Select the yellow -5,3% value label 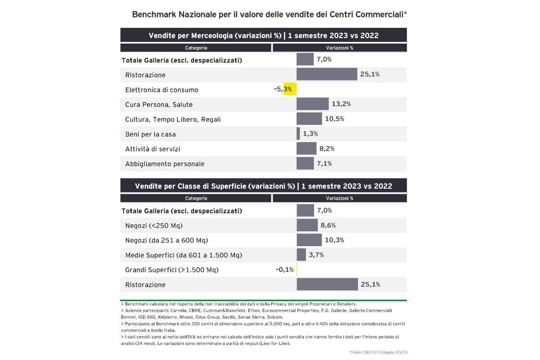tap(283, 89)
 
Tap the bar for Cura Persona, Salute tap(312, 104)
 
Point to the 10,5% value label tap(334, 119)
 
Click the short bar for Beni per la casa tap(298, 134)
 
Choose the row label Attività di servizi tap(153, 149)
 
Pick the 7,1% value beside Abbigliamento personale tap(324, 163)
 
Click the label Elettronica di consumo tap(162, 90)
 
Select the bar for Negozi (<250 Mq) tap(307, 225)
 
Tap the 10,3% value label tap(334, 240)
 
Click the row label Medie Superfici tap(184, 255)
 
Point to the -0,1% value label tap(285, 270)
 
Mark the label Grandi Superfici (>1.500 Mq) tap(171, 270)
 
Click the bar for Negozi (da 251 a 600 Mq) tap(309, 240)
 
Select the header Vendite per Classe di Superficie tap(263, 186)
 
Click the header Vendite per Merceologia tap(263, 36)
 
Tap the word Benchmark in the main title tap(153, 14)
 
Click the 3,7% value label tap(316, 255)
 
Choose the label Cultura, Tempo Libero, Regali tap(173, 119)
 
